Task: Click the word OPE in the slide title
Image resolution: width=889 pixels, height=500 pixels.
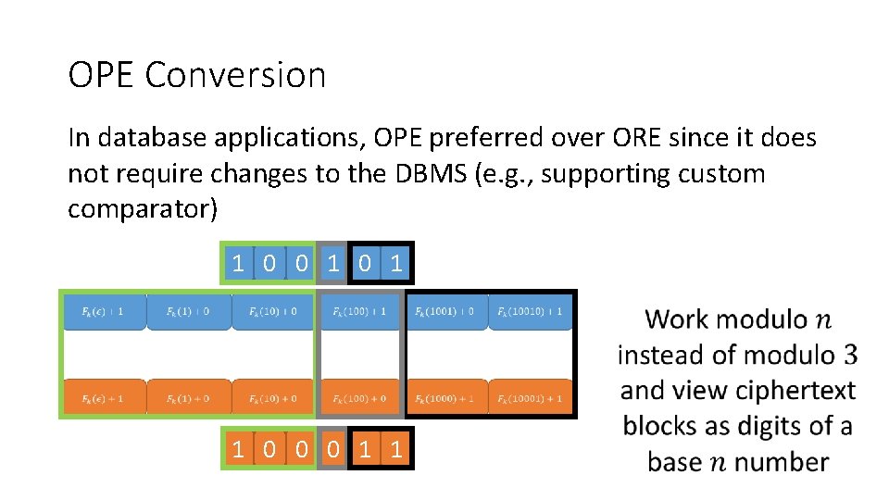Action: click(101, 75)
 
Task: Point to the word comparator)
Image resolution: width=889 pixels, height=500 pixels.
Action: click(143, 209)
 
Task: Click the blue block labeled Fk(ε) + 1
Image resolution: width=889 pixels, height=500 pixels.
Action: click(105, 312)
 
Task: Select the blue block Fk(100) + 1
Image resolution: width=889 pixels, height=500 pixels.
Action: click(360, 312)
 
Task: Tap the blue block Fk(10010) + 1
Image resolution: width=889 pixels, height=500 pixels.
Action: click(530, 312)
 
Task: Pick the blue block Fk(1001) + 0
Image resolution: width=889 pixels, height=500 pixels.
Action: click(444, 312)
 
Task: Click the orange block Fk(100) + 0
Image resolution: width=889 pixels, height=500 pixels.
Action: click(360, 398)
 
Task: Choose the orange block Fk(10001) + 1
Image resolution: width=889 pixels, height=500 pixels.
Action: click(530, 398)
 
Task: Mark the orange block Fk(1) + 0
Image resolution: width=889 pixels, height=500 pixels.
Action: click(188, 398)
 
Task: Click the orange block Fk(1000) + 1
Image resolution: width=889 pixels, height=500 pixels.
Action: click(444, 398)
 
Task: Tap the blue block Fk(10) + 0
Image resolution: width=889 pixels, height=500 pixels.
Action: click(272, 312)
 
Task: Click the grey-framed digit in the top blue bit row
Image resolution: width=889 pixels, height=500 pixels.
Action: click(332, 264)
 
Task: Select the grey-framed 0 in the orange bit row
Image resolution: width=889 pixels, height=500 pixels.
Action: click(332, 450)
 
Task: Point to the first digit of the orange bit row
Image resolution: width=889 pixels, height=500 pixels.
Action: click(238, 450)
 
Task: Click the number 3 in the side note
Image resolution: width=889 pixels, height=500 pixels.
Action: click(850, 355)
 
